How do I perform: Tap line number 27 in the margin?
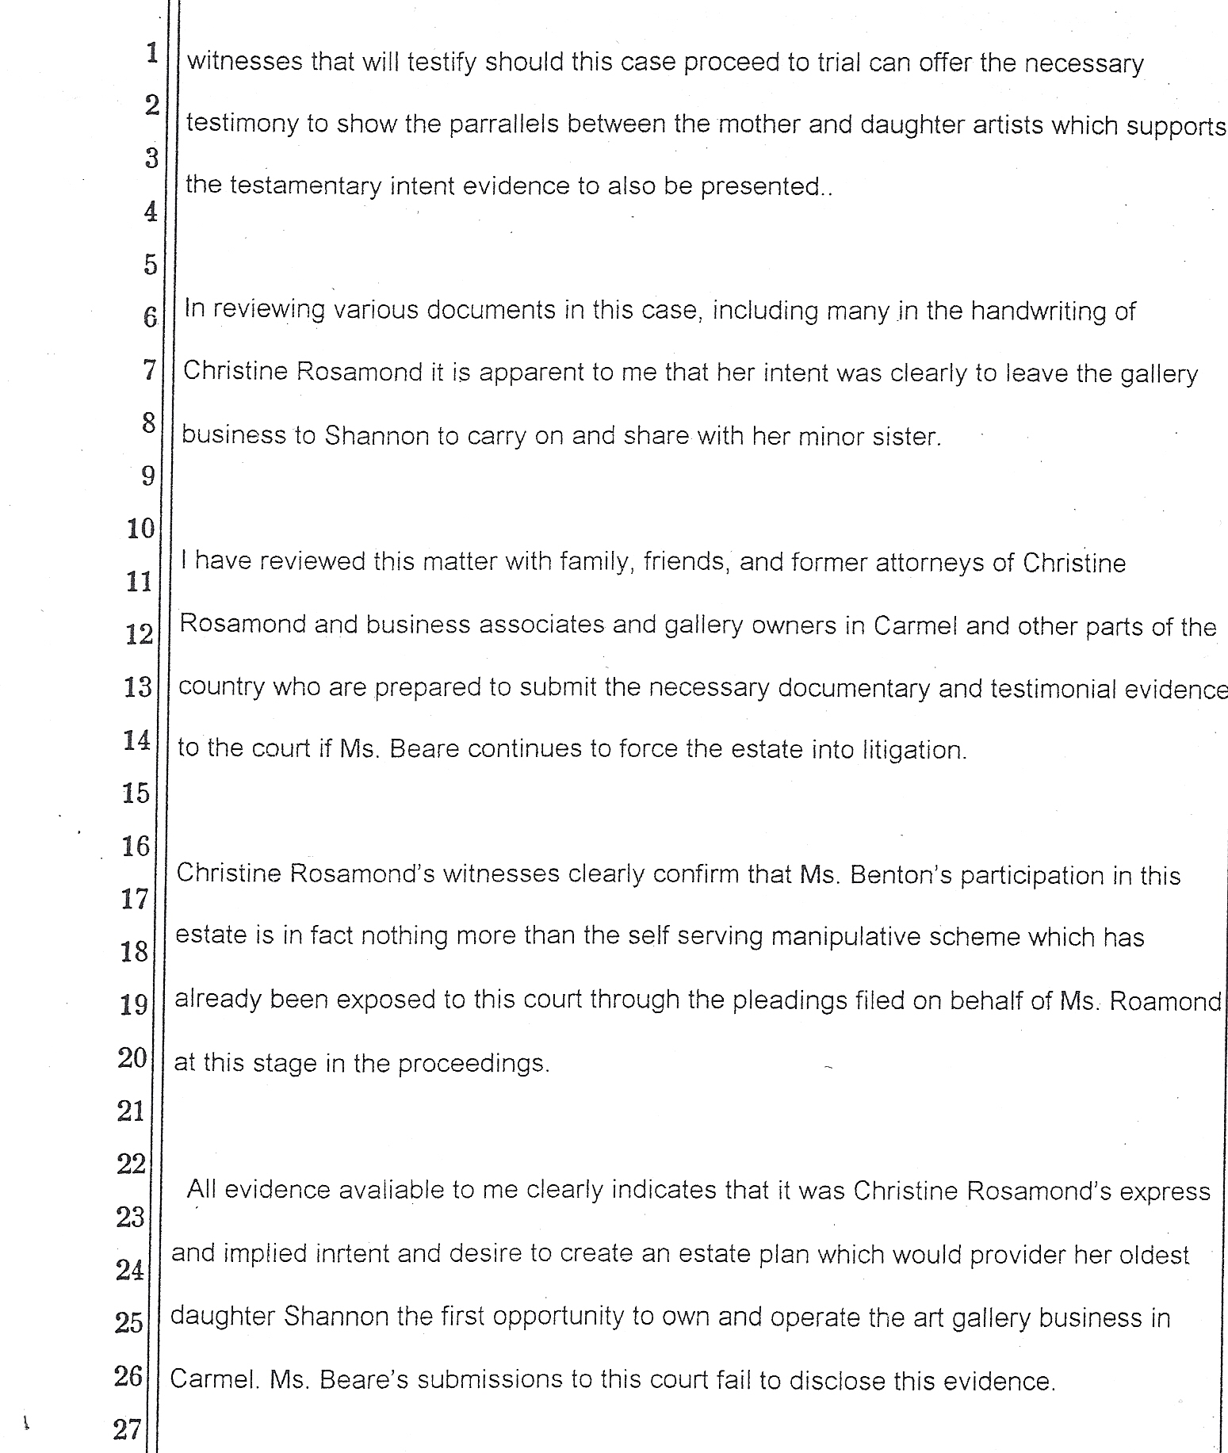coord(128,1429)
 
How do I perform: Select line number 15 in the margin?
coord(136,793)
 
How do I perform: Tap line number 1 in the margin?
coord(151,54)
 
